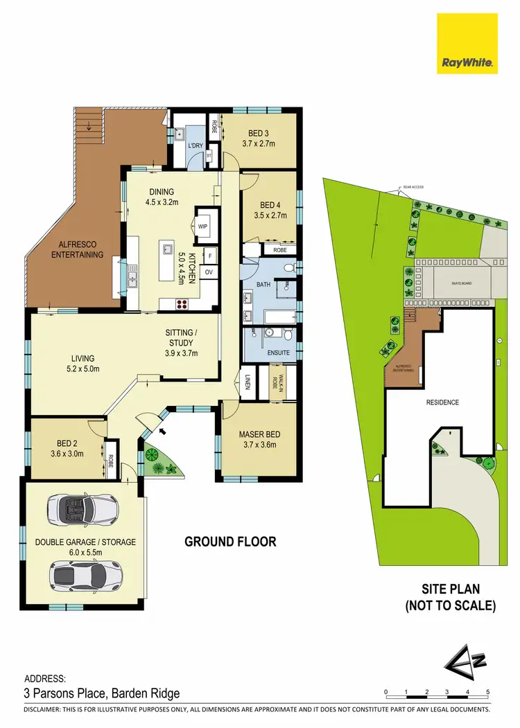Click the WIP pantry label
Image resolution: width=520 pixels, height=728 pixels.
coord(203,227)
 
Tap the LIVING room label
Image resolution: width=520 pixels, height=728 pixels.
coord(83,358)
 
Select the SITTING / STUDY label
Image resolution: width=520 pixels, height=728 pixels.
coord(181,337)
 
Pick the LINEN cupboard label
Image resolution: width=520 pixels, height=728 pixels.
coord(248,381)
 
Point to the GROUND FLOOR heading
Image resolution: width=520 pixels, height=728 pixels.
coord(230,542)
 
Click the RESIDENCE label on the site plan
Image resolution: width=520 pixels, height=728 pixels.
coord(442,402)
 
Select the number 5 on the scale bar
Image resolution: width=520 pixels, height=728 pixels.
coord(488,692)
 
